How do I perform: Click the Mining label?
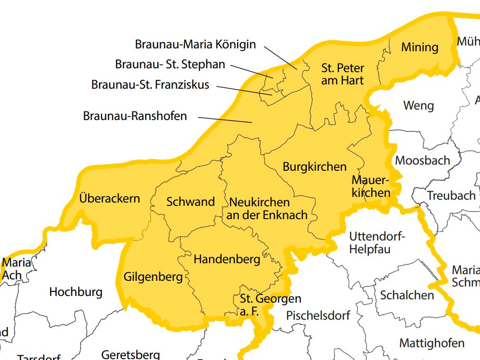[419, 47]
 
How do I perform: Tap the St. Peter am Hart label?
[342, 74]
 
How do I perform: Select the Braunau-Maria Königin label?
[195, 45]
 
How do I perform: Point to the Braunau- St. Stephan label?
[170, 64]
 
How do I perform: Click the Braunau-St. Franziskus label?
[150, 85]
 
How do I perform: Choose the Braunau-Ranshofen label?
[135, 116]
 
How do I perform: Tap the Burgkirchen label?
[315, 167]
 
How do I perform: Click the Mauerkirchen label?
[371, 186]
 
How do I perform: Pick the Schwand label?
[190, 202]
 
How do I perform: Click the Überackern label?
[110, 198]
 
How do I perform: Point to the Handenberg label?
[227, 259]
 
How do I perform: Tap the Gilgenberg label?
[153, 277]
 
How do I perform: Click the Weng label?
[418, 105]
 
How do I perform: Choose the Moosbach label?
[422, 160]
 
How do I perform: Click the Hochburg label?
[76, 292]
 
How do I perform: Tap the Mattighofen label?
[432, 343]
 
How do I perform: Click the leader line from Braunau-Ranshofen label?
[225, 120]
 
